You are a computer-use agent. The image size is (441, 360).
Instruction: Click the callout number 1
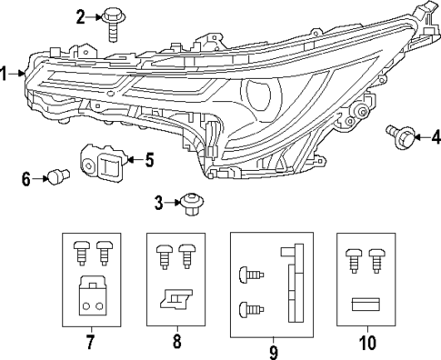(6, 74)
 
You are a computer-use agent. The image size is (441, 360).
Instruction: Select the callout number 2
(81, 16)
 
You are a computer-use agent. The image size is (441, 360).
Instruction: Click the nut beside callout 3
(191, 202)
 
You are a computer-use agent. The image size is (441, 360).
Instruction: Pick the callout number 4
(435, 137)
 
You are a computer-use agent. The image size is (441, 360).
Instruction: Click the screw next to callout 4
(401, 137)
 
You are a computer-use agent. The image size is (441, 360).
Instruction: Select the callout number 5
(149, 160)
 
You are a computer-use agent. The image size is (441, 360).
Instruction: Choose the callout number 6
(26, 179)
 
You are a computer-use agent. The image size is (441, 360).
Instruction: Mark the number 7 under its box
(90, 343)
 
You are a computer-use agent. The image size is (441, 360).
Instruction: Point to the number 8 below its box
(176, 343)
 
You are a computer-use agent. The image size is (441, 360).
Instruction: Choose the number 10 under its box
(367, 343)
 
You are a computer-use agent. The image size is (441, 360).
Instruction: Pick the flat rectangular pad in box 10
(367, 305)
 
